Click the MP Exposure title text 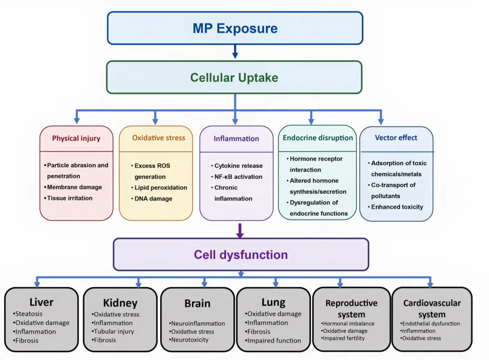tap(235, 28)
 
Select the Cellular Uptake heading tap(234, 78)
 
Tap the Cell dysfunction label tap(241, 255)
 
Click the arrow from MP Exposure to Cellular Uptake tap(235, 52)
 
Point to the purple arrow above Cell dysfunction tap(240, 231)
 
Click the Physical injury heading tap(76, 138)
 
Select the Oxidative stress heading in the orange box tap(159, 138)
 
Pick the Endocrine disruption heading tap(318, 138)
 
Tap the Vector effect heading tap(396, 138)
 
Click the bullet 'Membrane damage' tap(75, 187)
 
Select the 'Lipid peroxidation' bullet tap(161, 188)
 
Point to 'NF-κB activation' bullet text tap(238, 177)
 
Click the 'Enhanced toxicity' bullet tap(397, 207)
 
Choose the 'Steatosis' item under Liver tap(29, 314)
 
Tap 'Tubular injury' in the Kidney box tap(114, 331)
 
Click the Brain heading tap(197, 303)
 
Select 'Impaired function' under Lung tap(274, 340)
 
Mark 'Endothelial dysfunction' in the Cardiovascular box tap(431, 323)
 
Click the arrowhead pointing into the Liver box tap(37, 284)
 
